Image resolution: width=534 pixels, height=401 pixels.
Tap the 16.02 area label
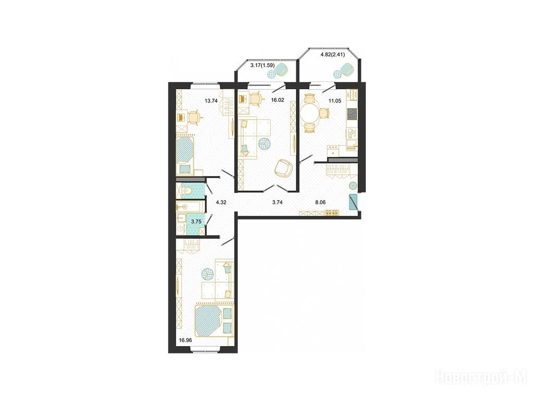pos(277,100)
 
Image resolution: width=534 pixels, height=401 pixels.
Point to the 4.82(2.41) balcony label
pos(333,54)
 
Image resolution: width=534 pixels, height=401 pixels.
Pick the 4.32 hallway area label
pos(221,202)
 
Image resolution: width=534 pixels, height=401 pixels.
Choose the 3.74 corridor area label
pos(277,202)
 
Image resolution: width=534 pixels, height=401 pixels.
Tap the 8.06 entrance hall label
pos(320,202)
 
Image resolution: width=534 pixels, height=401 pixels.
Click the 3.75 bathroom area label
pos(196,221)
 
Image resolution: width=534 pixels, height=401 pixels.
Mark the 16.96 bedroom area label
pos(186,339)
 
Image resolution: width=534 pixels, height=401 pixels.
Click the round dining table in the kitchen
pos(310,113)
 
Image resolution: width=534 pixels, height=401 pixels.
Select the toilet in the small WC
pos(187,192)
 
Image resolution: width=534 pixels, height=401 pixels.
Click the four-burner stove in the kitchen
pos(352,113)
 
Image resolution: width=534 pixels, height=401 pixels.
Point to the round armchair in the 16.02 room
pos(283,169)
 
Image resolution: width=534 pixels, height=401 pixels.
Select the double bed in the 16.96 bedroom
pos(214,320)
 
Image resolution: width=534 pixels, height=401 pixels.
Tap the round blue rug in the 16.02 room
pos(264,144)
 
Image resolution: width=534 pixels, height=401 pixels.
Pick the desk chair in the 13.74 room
pos(195,117)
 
